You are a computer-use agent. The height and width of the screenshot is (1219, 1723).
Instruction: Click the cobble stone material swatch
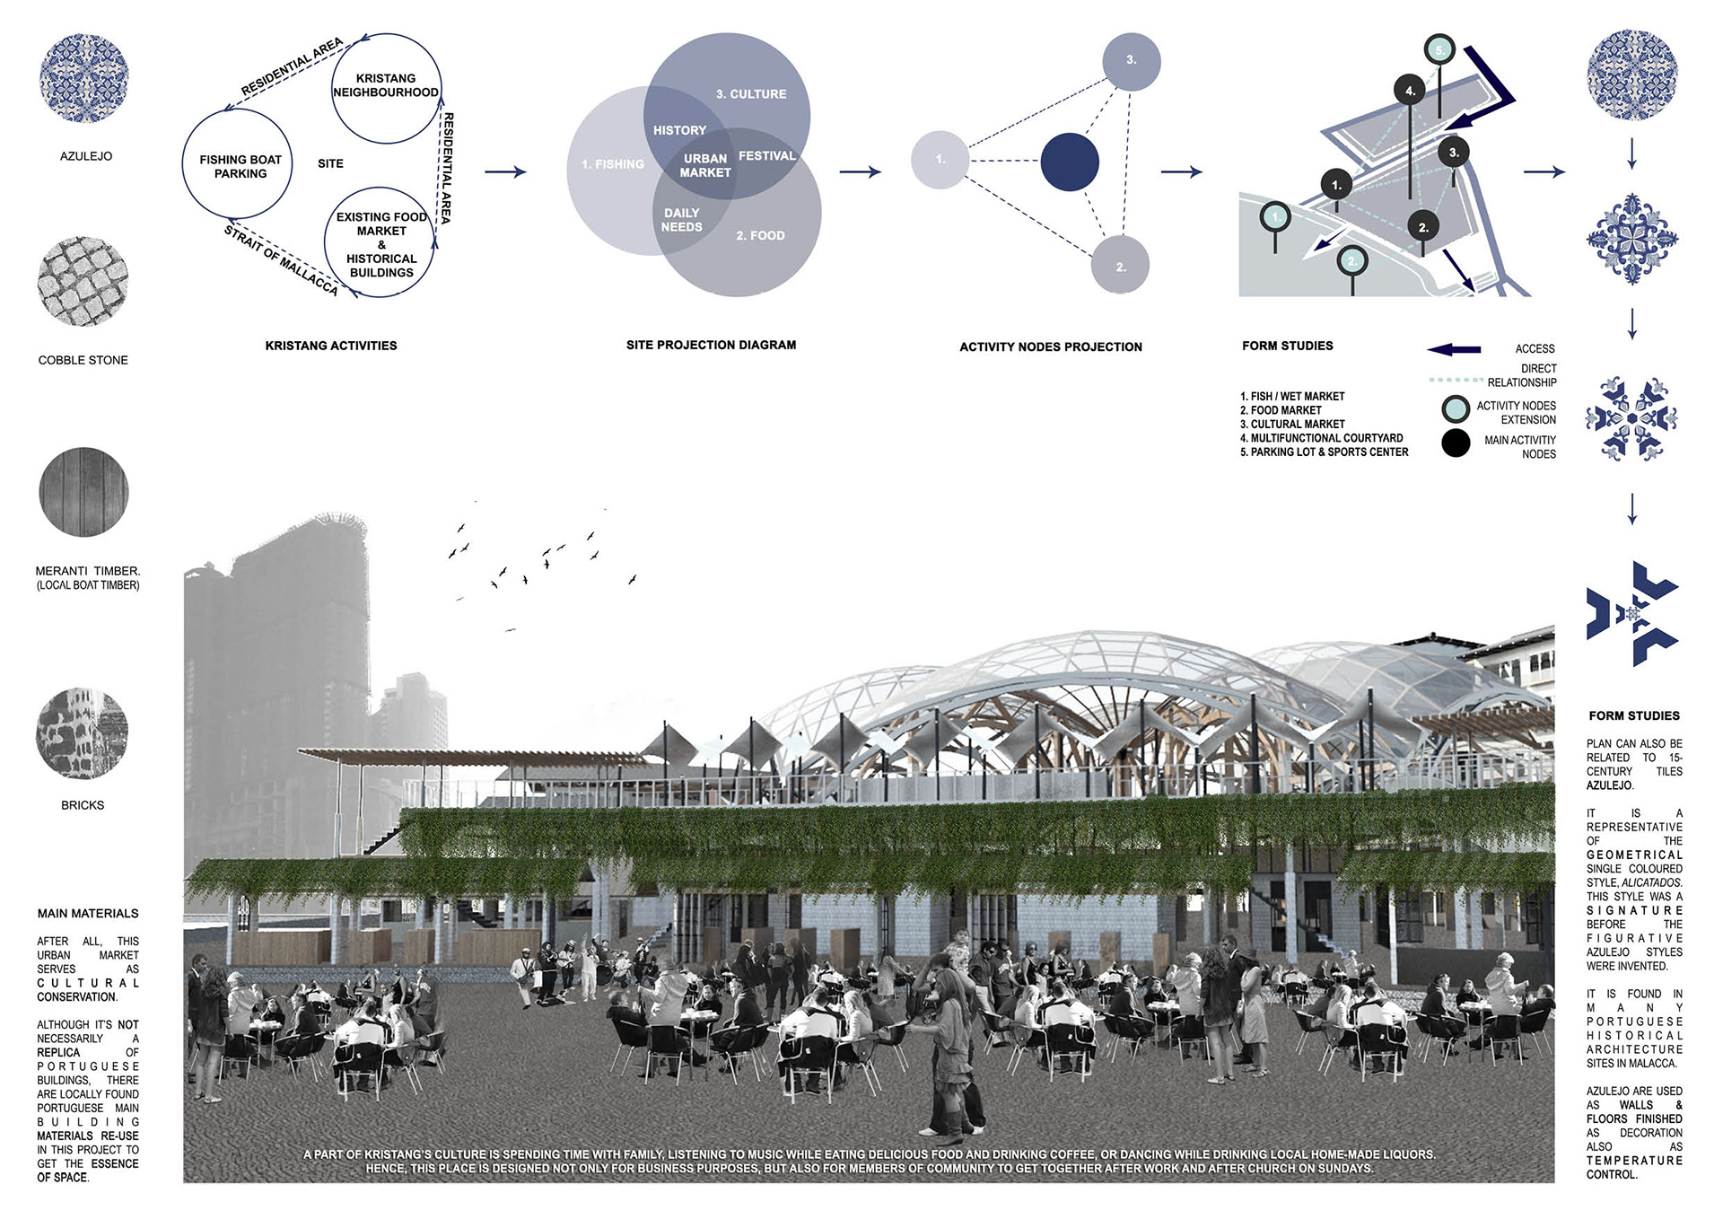(x=83, y=282)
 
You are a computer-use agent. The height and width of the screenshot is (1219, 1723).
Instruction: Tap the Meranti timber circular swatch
(x=83, y=492)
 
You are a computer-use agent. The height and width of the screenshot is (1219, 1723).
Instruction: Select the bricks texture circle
(x=83, y=734)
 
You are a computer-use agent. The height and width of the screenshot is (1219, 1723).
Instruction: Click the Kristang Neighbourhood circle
(x=386, y=88)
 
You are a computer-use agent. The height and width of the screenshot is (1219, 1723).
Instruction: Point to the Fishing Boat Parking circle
(x=238, y=164)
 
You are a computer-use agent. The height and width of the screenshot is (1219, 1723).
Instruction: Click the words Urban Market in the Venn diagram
(x=705, y=165)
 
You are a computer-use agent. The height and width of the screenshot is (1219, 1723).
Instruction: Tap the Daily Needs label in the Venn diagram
(x=682, y=220)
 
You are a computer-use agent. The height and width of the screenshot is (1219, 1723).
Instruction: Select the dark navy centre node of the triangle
(x=1070, y=162)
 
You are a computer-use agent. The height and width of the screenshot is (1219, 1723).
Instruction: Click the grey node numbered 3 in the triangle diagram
(x=1131, y=61)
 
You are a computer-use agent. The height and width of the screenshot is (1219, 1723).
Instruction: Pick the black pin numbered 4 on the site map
(x=1410, y=91)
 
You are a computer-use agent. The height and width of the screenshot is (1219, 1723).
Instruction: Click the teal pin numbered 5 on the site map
(x=1440, y=50)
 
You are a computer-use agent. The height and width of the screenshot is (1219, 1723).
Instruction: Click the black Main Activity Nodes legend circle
(x=1456, y=443)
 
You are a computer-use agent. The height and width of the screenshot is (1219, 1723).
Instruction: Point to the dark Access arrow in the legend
(x=1454, y=349)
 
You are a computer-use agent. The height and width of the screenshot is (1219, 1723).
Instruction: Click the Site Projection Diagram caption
(x=711, y=345)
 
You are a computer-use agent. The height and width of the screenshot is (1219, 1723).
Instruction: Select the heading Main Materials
(x=88, y=914)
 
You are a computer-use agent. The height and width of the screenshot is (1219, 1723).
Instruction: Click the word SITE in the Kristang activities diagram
(x=330, y=163)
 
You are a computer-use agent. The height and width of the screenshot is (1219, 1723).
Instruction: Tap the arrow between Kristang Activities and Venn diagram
(x=505, y=171)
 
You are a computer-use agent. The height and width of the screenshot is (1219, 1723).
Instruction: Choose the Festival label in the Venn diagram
(x=766, y=156)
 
